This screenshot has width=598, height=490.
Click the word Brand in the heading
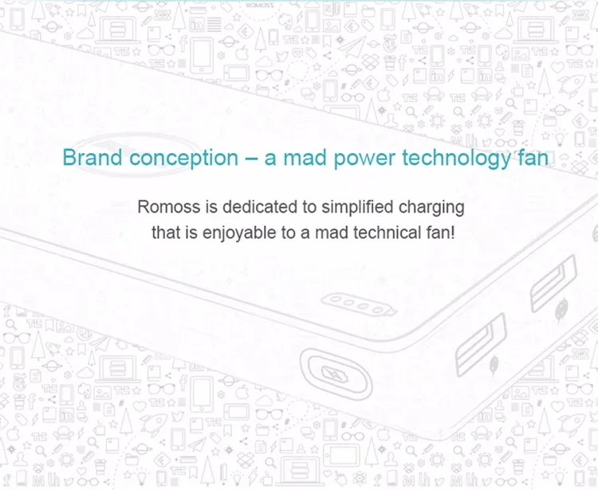click(x=92, y=157)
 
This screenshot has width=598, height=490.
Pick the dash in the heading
click(x=251, y=159)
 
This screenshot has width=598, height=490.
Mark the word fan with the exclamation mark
click(x=440, y=233)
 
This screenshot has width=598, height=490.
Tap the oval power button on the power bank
click(x=336, y=373)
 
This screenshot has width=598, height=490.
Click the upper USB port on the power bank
click(x=553, y=284)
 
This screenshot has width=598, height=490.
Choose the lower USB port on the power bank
click(x=481, y=344)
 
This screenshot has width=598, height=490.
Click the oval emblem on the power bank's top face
click(x=136, y=154)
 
